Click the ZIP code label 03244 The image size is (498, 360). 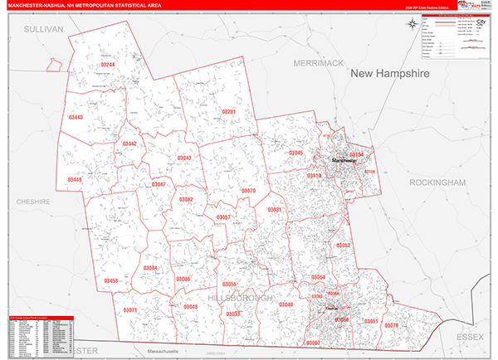[x=108, y=65]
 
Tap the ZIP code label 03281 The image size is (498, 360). [x=228, y=112]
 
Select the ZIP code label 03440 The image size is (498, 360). [x=76, y=118]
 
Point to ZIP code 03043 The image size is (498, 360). [x=184, y=158]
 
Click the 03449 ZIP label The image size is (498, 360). [x=75, y=180]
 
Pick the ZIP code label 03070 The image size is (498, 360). [x=248, y=191]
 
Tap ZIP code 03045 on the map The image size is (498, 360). [x=296, y=153]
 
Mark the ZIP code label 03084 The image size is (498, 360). [x=150, y=268]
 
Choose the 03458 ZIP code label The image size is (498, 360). [x=111, y=281]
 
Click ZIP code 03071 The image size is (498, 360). [x=130, y=309]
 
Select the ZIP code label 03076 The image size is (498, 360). [x=415, y=324]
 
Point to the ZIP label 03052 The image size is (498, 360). [x=343, y=246]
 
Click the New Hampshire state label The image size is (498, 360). [x=392, y=74]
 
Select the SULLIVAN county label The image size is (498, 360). [x=44, y=28]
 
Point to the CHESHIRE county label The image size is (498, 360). [x=32, y=202]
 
